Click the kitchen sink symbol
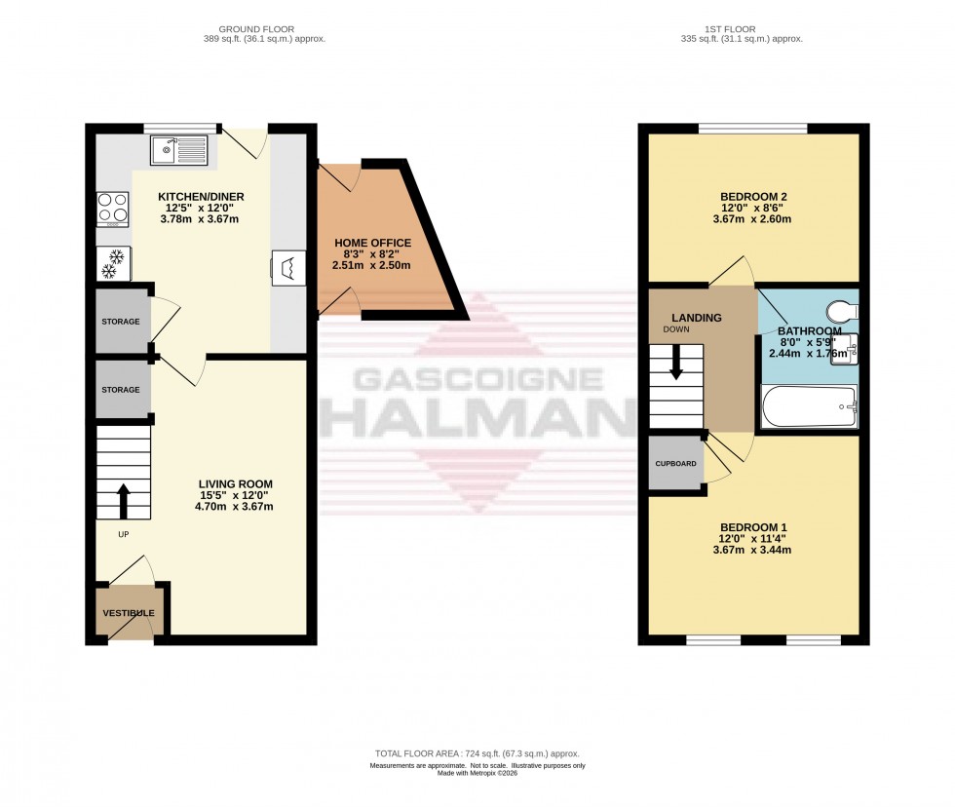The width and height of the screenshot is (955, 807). [x=179, y=150]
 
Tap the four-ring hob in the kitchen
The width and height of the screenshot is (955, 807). [x=113, y=210]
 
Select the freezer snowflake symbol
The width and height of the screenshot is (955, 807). [x=114, y=263]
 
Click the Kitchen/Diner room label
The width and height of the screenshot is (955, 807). [x=201, y=197]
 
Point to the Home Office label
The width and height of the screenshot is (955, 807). [x=372, y=243]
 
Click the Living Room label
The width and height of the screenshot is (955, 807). [x=235, y=483]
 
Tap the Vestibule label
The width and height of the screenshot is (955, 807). [x=130, y=612]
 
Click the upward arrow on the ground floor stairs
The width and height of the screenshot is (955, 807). [x=124, y=501]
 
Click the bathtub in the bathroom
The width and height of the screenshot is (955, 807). [x=809, y=406]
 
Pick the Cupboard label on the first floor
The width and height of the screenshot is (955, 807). [x=675, y=463]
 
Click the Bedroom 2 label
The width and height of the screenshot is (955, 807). [x=753, y=197]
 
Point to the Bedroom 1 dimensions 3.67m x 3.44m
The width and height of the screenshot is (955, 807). [x=753, y=549]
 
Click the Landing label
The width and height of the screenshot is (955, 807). [x=695, y=318]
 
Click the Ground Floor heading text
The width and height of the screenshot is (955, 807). [x=258, y=29]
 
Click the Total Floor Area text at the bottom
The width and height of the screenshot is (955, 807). [x=477, y=753]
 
